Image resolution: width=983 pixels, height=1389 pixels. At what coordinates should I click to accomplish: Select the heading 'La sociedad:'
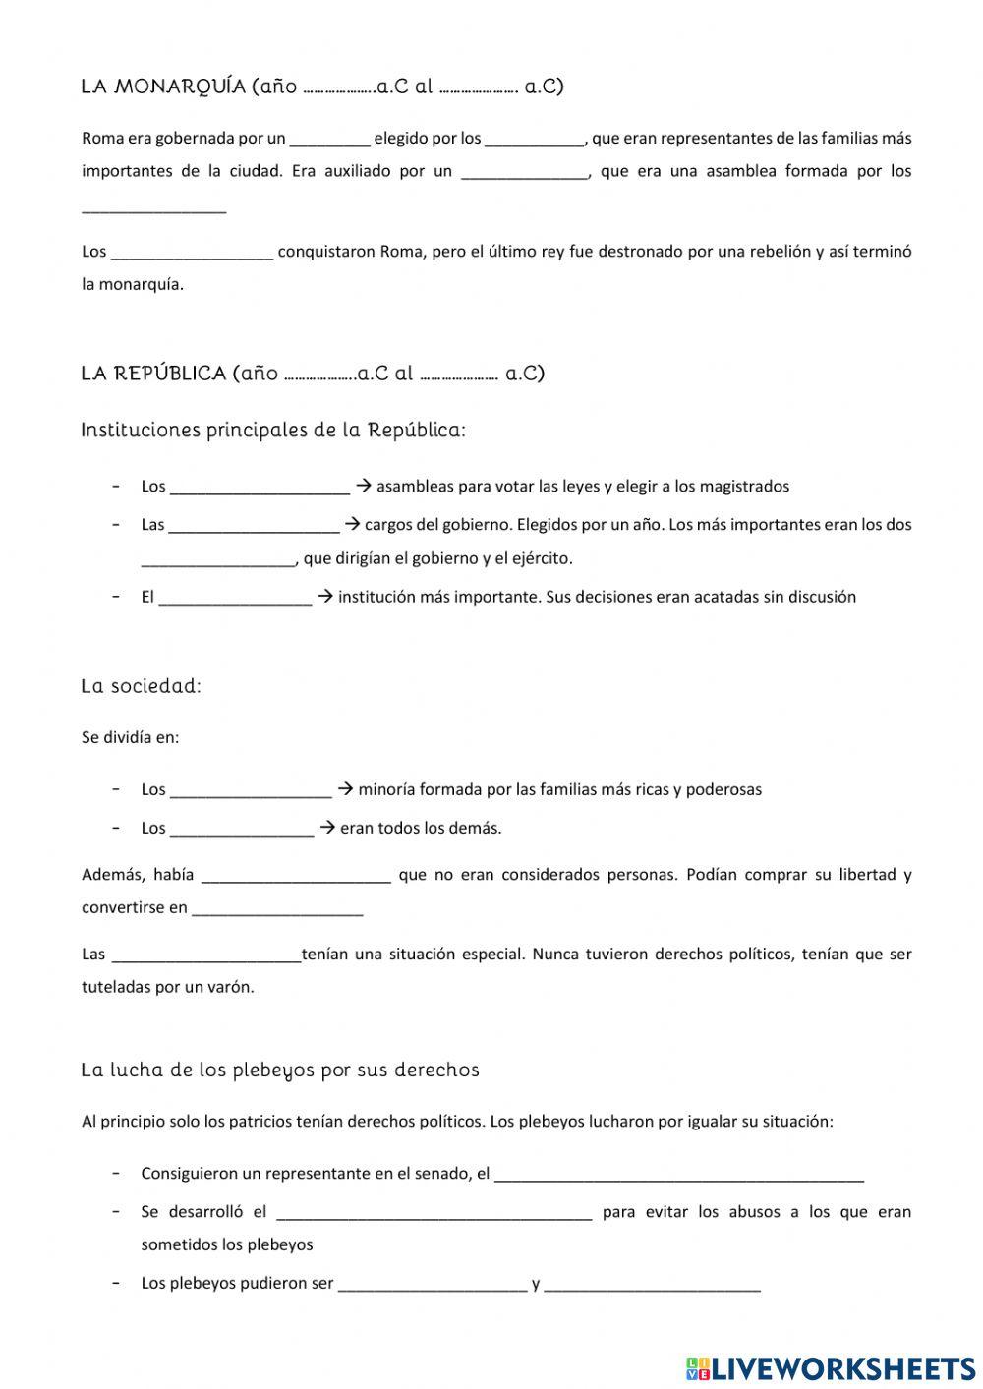click(141, 686)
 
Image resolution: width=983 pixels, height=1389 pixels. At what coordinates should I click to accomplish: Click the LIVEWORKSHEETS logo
click(831, 1367)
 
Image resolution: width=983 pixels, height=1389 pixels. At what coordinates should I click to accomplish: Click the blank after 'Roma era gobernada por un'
click(330, 139)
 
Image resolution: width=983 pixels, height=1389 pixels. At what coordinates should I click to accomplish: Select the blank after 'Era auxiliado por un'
click(524, 172)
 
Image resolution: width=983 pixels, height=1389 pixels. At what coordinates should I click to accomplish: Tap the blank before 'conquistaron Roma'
click(192, 253)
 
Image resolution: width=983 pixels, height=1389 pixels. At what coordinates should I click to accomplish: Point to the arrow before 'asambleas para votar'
click(362, 486)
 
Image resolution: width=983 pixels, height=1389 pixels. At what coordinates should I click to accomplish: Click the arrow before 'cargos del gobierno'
click(351, 524)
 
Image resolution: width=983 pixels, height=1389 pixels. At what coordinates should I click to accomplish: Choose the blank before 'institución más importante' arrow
click(235, 598)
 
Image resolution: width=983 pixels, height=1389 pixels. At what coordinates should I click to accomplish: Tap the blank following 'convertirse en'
click(277, 909)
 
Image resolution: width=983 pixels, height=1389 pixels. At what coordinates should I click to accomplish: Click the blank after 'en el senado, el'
click(678, 1175)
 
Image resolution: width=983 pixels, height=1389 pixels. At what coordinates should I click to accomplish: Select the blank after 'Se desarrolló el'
click(434, 1213)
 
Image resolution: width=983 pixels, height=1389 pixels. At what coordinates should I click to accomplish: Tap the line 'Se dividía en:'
click(131, 737)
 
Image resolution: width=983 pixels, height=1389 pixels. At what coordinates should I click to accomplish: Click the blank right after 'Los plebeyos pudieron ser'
click(433, 1285)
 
